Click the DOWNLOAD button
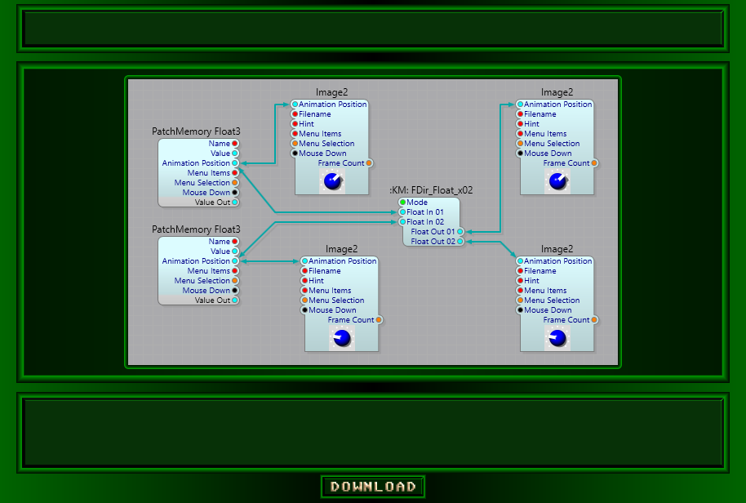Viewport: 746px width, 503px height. coord(373,487)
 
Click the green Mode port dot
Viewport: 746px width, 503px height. coord(402,203)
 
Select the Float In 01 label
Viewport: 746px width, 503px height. coord(424,212)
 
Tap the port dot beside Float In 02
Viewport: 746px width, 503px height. coord(402,222)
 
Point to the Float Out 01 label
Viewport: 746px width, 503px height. coord(433,232)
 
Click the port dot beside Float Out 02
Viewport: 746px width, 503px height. coord(460,242)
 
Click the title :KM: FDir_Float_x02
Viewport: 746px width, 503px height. coord(431,190)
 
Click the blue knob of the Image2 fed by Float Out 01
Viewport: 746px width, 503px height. coord(557,181)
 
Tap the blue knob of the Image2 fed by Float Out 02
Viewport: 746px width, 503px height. coord(557,338)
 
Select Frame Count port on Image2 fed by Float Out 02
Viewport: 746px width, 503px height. coord(594,320)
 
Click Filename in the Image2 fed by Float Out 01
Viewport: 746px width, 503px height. coord(540,114)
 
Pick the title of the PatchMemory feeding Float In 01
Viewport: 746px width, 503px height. coord(196,131)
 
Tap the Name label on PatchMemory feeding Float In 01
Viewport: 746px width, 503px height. coord(219,144)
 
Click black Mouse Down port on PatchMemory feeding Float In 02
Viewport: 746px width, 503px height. coord(235,291)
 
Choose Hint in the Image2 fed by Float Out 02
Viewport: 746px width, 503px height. coord(531,281)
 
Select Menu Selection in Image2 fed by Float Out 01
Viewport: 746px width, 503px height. coord(552,144)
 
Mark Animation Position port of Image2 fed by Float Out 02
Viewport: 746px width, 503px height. coord(520,261)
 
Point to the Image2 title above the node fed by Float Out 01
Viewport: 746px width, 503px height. coord(557,92)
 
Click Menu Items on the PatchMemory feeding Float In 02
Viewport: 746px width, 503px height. coord(208,271)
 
